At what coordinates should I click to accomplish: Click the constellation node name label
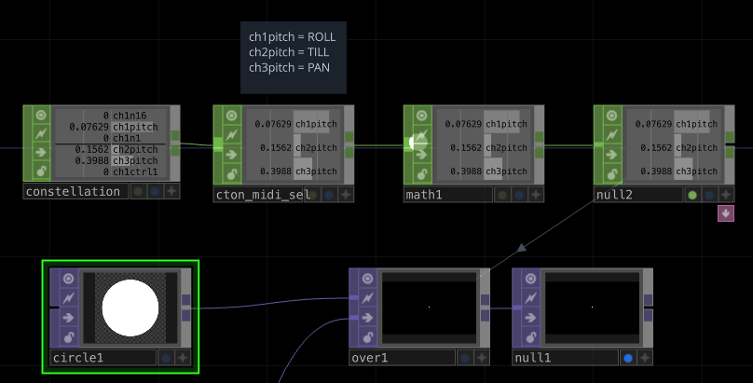click(73, 192)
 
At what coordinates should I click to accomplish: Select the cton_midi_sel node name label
click(262, 195)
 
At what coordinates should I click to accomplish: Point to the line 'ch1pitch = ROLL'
click(292, 37)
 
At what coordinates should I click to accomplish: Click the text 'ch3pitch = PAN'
click(289, 67)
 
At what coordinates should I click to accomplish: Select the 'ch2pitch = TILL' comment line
click(290, 52)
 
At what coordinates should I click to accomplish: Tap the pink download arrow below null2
click(725, 213)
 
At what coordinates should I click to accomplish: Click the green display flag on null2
click(691, 195)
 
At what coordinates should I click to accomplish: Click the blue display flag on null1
click(627, 358)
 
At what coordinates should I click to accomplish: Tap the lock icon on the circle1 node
click(68, 335)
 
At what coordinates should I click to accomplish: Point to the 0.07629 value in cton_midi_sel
click(273, 124)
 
